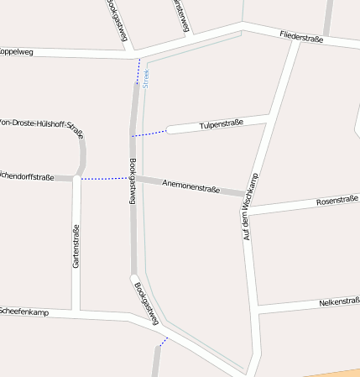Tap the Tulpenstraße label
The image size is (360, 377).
pos(222,124)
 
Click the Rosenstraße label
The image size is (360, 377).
pos(337,201)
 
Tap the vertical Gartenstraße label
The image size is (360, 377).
pos(76,246)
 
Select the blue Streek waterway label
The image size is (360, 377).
pos(146,79)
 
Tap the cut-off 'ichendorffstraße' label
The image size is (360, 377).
pos(27,177)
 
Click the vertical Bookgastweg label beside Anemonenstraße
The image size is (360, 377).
pos(133,181)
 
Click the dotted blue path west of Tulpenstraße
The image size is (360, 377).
pos(149,133)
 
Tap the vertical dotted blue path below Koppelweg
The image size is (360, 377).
pos(138,72)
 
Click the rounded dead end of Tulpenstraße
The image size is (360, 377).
pos(170,129)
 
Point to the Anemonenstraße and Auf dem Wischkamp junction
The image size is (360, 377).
pos(245,196)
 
